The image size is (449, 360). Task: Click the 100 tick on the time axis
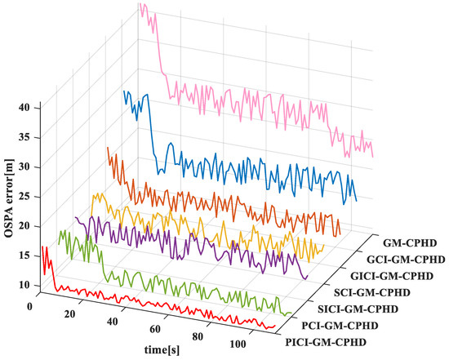pyautogui.click(x=246, y=344)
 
